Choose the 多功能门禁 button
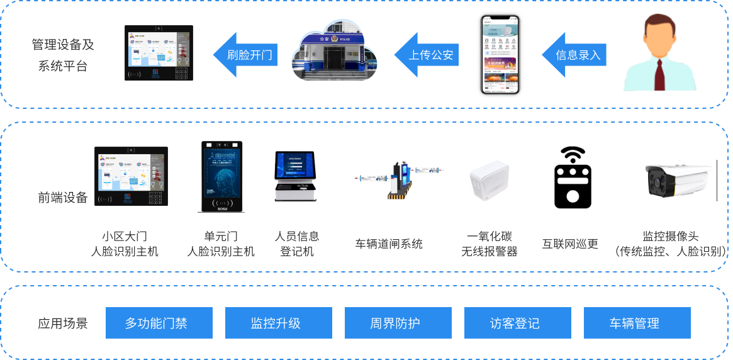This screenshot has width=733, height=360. pos(159,323)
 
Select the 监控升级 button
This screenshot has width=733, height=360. pos(279,323)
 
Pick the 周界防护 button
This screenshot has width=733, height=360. pos(398,323)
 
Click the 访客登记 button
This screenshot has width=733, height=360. pos(518,323)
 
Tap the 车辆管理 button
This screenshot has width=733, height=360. pos(637,323)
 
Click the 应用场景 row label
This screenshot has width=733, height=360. pos(63,323)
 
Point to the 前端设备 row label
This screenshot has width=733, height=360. pos(63,198)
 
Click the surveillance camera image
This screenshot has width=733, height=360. pos(680,180)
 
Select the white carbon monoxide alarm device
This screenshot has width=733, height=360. pos(489,180)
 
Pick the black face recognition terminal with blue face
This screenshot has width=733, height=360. pos(221,176)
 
